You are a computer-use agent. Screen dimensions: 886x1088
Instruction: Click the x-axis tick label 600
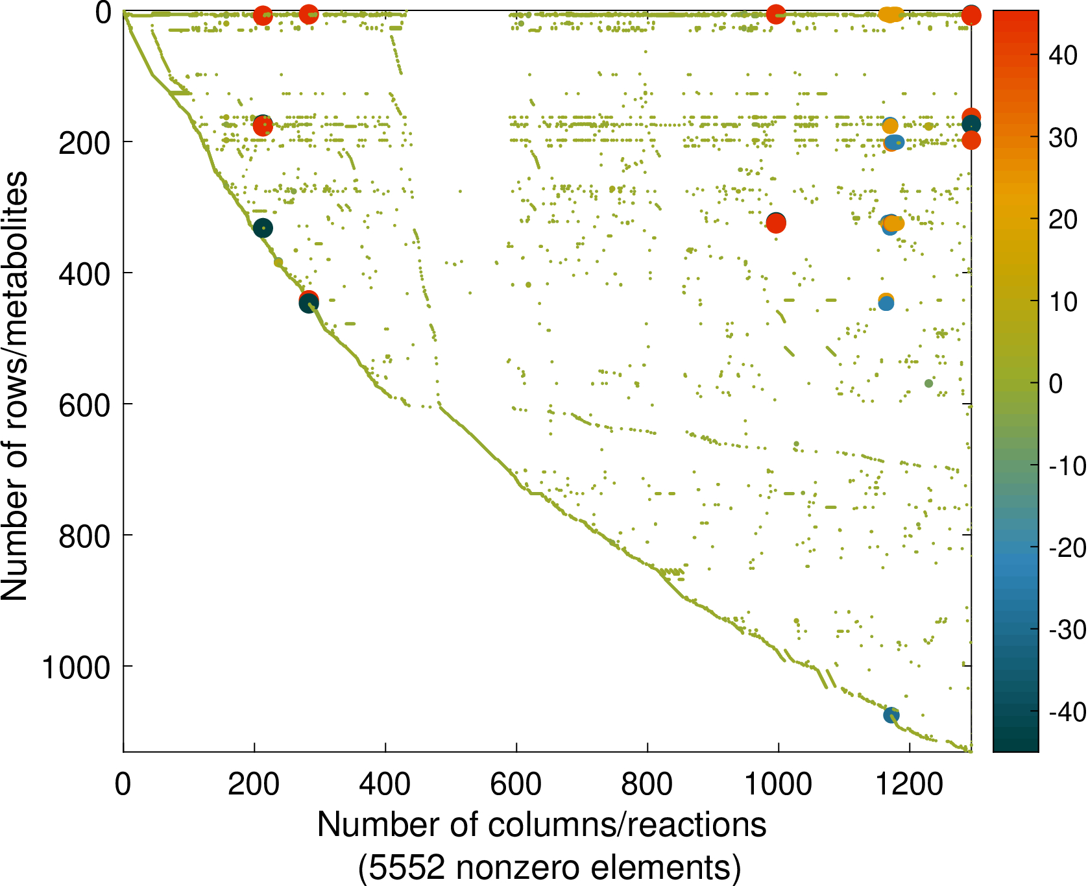click(516, 784)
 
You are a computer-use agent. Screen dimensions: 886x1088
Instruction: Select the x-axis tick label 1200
click(909, 784)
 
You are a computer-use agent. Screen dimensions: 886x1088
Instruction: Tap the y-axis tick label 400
click(84, 273)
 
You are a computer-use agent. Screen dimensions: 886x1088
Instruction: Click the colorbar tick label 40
click(1063, 56)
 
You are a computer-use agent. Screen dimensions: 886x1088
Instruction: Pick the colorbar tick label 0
click(1056, 384)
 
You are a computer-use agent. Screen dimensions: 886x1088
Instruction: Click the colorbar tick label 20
click(1063, 219)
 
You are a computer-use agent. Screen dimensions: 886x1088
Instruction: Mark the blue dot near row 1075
click(891, 715)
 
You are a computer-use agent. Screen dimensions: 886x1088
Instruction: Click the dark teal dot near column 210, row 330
click(262, 228)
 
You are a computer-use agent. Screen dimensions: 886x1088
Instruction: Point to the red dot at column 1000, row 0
click(776, 14)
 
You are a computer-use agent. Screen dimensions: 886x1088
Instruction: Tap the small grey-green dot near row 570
click(928, 383)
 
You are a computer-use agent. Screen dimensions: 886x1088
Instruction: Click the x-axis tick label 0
click(123, 784)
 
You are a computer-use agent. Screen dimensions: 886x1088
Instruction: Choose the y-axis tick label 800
click(84, 535)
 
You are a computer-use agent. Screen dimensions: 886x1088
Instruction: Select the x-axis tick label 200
click(254, 784)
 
